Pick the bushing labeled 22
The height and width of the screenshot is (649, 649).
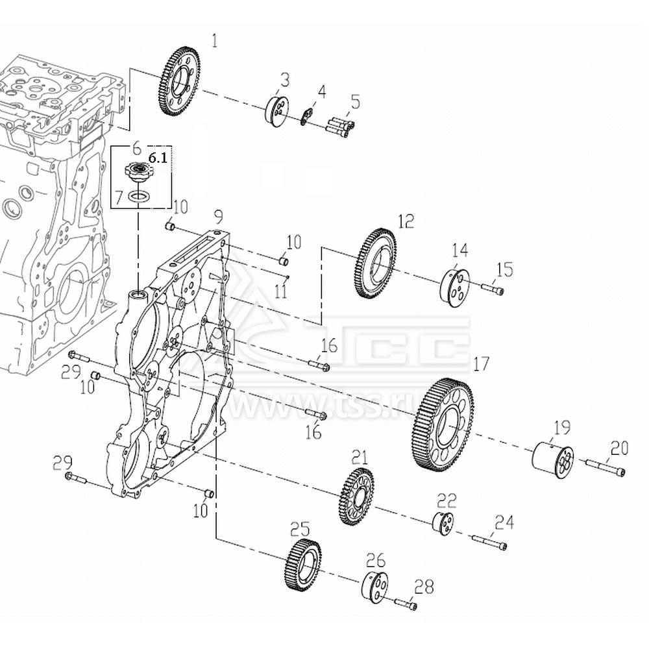(443, 522)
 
